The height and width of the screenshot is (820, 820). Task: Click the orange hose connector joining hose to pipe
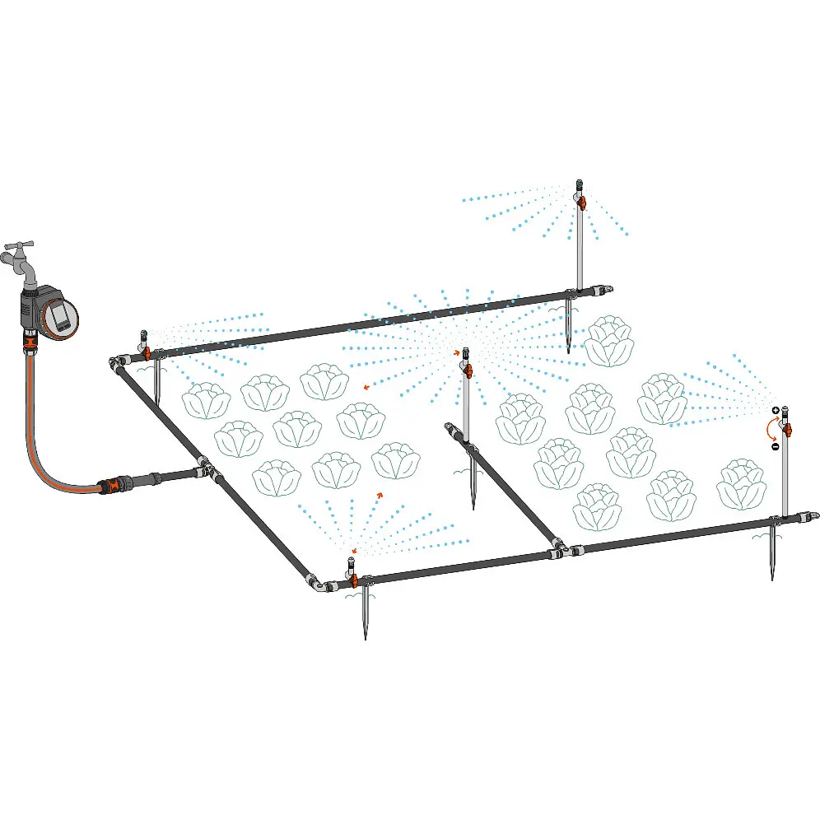tap(109, 485)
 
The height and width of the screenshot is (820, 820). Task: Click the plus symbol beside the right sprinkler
tap(776, 410)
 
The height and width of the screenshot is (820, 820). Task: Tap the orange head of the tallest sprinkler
tap(581, 201)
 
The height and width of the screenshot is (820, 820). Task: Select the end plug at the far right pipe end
tap(813, 515)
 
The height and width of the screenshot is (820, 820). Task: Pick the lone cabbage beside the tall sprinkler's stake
tap(609, 342)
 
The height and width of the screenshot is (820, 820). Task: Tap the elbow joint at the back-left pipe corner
tap(114, 362)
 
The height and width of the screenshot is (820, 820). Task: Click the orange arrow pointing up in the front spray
tap(380, 496)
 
